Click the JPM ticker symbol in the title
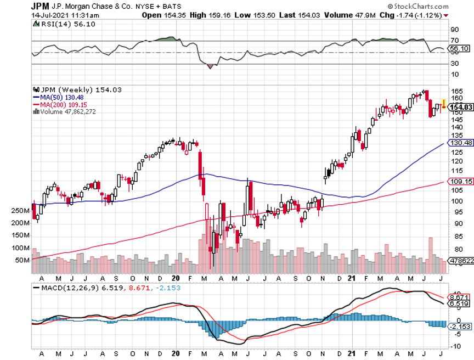pos(41,6)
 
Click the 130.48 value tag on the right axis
pos(460,143)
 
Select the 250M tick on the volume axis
pos(20,211)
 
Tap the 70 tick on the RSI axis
pos(454,41)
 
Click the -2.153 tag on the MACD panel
pos(460,327)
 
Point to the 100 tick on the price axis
pos(456,201)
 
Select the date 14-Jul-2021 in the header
pos(53,15)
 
